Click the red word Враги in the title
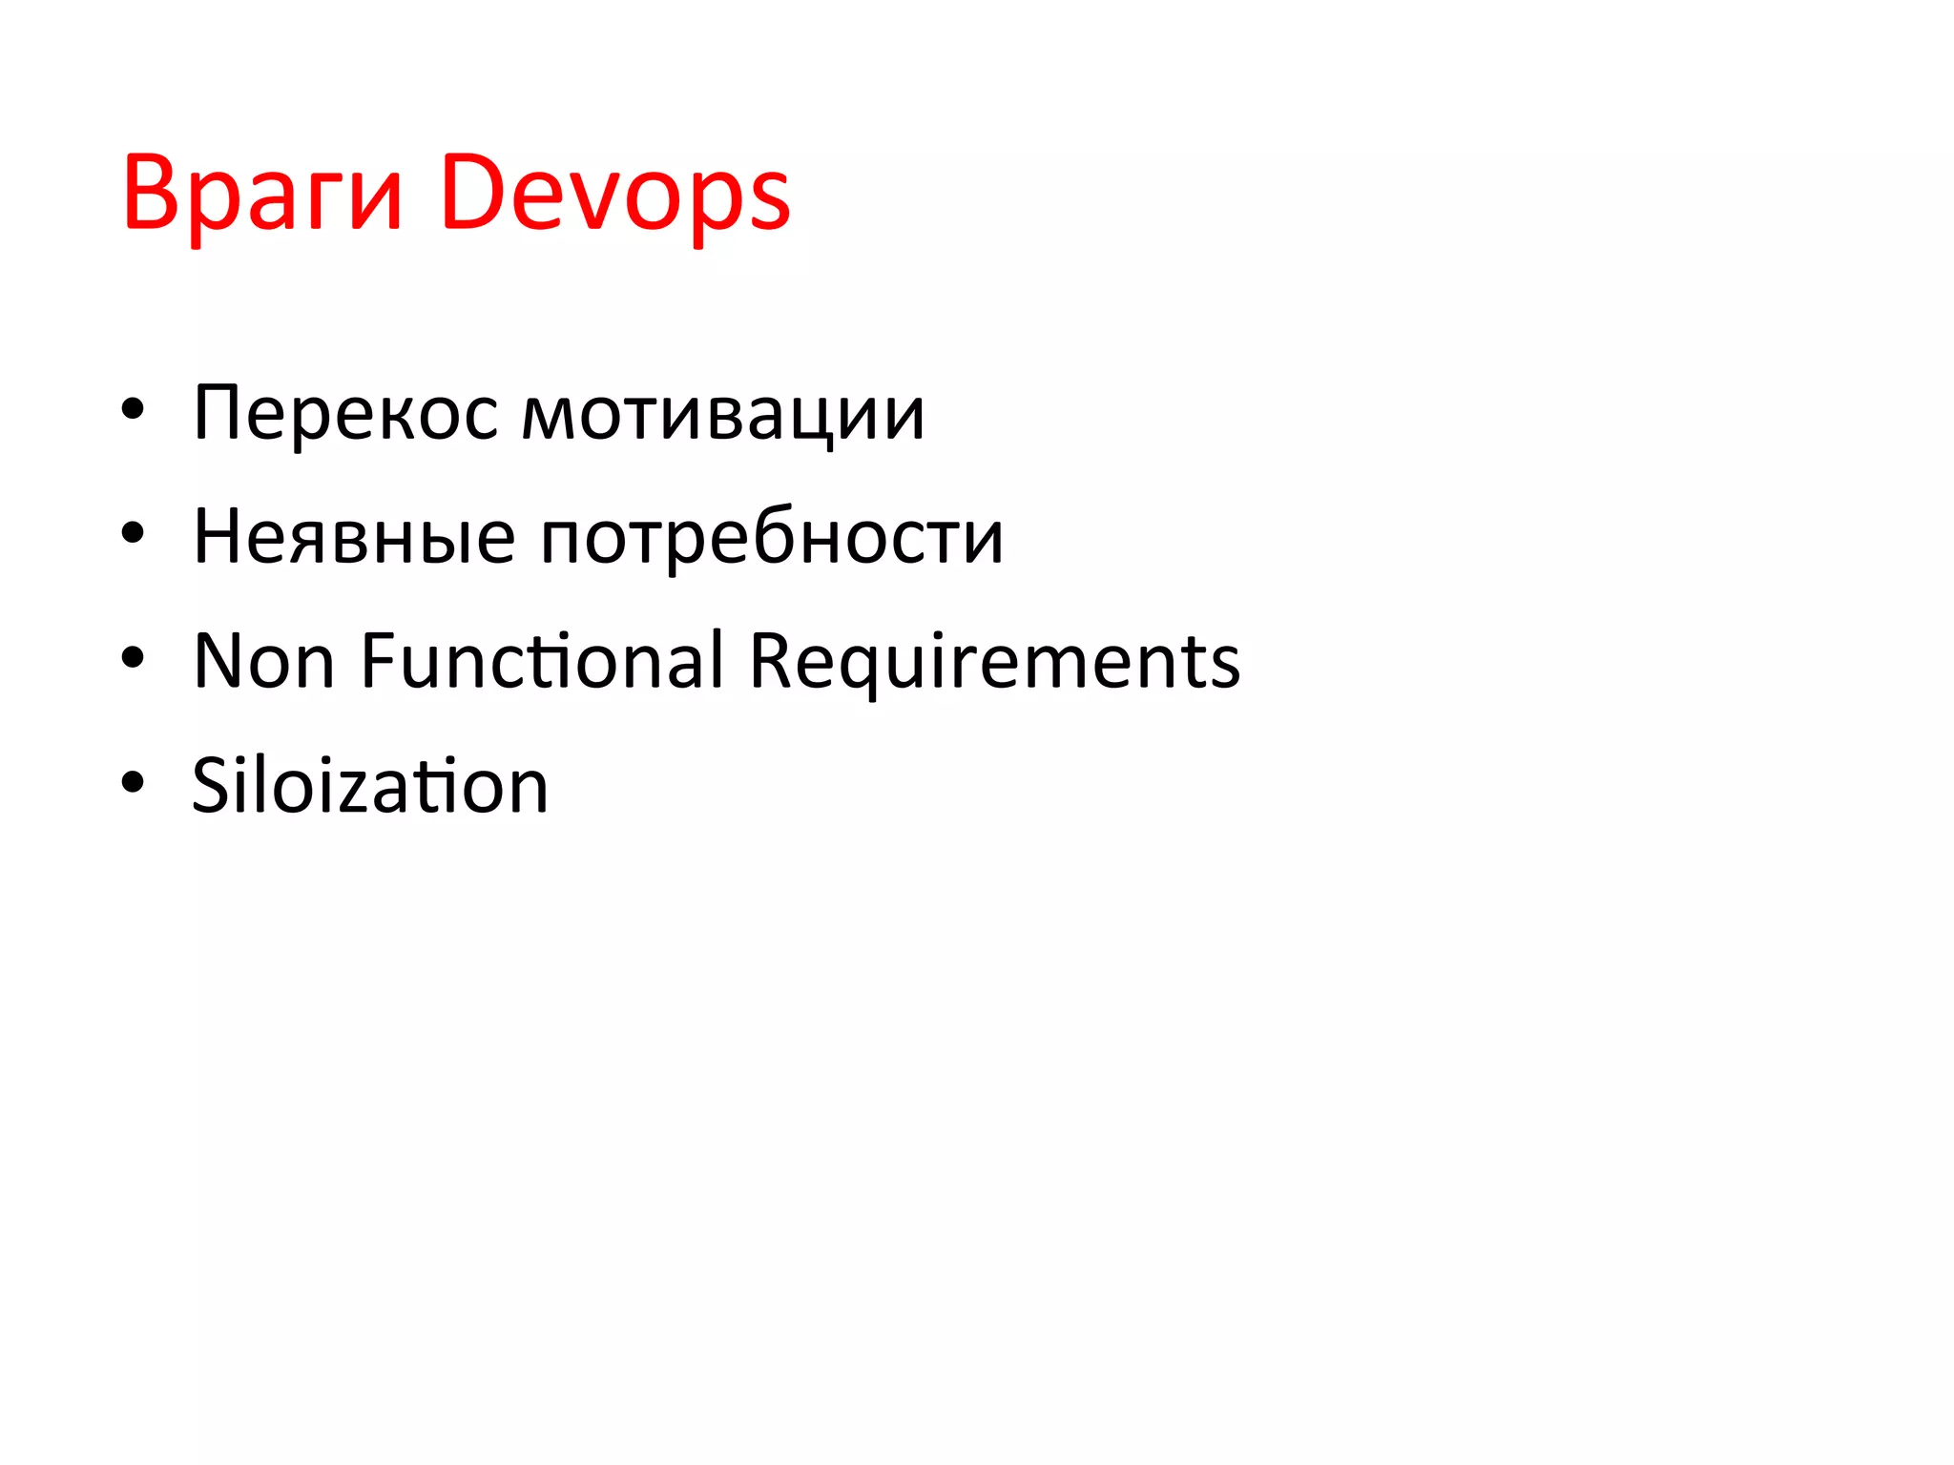coord(262,195)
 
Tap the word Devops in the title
coord(615,195)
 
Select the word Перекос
coord(345,414)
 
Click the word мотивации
coord(723,414)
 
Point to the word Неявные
coord(354,536)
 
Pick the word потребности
coord(772,536)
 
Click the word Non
coord(263,660)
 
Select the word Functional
coord(542,660)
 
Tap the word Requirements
coord(994,660)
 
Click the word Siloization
coord(370,785)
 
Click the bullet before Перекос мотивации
coord(133,411)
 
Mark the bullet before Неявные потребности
coord(133,534)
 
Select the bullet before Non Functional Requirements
coord(133,658)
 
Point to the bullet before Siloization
coord(133,782)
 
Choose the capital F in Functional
coord(378,659)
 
